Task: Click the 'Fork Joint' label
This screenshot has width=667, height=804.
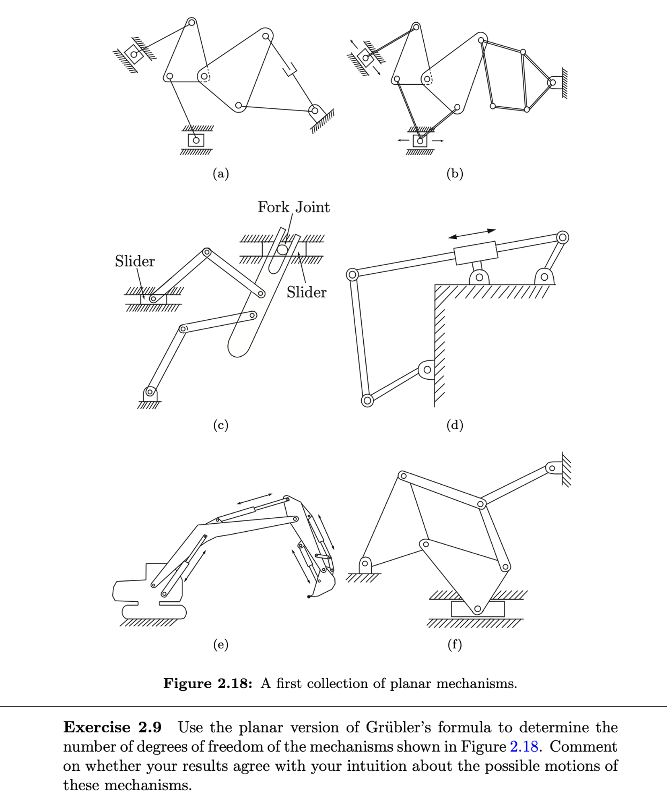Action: point(293,207)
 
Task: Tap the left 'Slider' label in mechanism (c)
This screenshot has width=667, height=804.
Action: point(135,261)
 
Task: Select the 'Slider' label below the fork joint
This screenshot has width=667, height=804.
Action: point(306,292)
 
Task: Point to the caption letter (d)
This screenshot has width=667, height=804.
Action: point(455,425)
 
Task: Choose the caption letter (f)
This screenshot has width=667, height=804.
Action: point(455,644)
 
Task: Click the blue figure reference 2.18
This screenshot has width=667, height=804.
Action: point(524,747)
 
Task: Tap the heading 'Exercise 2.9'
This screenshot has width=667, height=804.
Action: point(112,727)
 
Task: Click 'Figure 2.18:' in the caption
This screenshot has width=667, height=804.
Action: point(208,684)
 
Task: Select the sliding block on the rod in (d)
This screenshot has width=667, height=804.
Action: point(475,253)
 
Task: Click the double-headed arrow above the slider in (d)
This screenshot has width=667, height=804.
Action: point(472,234)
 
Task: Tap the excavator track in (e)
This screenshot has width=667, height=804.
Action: point(154,612)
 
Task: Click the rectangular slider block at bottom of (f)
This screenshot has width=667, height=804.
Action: point(478,609)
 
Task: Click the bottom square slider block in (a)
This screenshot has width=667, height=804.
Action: point(196,140)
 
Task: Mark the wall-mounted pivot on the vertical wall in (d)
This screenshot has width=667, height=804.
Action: point(427,370)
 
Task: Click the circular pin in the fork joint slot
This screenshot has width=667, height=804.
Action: point(282,250)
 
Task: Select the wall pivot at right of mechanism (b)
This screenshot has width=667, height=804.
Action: point(553,82)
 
